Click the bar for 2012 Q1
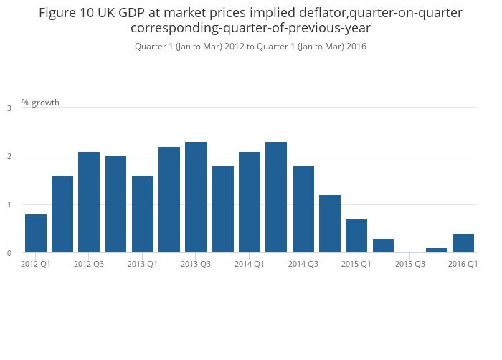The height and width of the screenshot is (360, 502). [36, 234]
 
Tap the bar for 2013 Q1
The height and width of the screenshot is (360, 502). [143, 214]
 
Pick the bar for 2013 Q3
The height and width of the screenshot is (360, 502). [196, 197]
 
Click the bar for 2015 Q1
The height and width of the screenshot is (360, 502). [356, 236]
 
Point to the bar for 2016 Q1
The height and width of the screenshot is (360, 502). [463, 243]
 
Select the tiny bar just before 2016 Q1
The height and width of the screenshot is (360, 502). [437, 250]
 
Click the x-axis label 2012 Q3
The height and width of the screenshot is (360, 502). [89, 264]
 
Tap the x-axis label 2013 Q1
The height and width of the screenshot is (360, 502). [143, 264]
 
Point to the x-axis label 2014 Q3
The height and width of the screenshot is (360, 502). [303, 264]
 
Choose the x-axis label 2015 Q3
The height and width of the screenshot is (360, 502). [409, 264]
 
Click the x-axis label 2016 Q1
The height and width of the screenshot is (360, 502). [463, 264]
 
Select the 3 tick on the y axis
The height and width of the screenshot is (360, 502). [9, 108]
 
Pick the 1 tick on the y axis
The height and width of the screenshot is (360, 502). [9, 205]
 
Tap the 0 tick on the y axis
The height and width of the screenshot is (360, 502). [9, 253]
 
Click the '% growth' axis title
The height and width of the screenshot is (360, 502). [40, 103]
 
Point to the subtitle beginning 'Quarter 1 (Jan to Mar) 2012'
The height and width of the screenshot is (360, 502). [250, 47]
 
